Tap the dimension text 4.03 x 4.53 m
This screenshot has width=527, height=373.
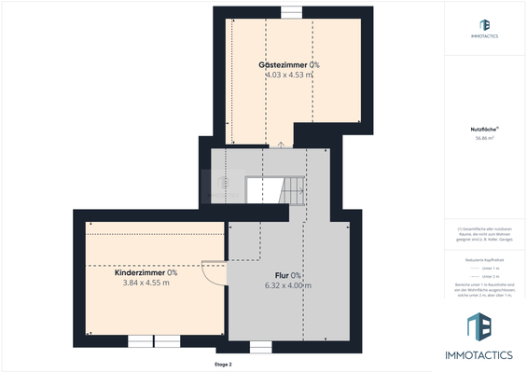(289, 74)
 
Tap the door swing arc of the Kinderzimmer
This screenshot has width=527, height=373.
(216, 273)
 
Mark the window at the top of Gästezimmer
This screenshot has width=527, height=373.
(291, 11)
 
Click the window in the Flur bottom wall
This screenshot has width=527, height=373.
(260, 346)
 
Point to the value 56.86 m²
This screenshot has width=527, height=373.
(484, 137)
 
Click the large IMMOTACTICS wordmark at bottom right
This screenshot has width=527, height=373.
(484, 355)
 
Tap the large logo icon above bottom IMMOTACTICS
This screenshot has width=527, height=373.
(484, 327)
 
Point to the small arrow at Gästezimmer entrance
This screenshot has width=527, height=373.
(281, 145)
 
